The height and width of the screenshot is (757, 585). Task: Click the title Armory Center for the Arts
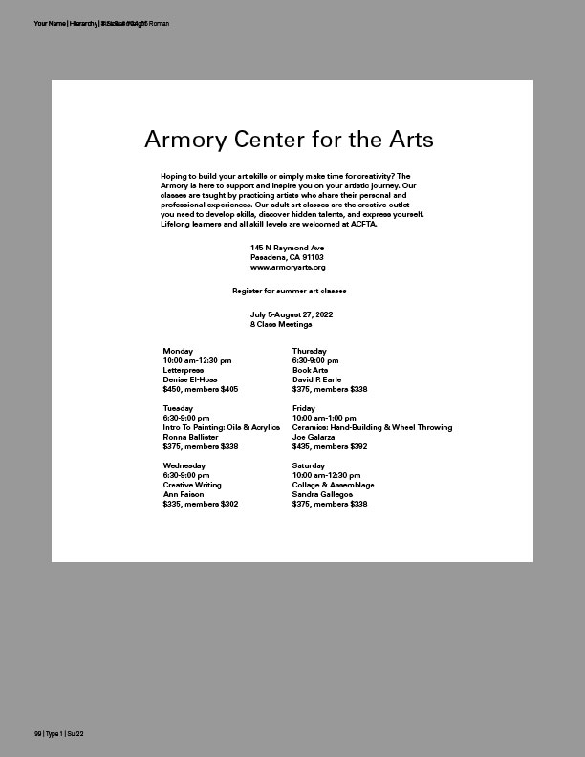(x=289, y=140)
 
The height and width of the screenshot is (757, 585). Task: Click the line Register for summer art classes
(x=289, y=290)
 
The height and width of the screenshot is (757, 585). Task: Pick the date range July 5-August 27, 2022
(x=292, y=314)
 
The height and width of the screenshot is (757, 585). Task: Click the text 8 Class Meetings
(x=281, y=324)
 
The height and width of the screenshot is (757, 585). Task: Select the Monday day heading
(x=178, y=351)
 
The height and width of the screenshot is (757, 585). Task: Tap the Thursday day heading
(x=309, y=351)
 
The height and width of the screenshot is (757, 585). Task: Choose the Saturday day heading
(x=309, y=465)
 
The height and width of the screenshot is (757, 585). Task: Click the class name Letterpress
(x=183, y=370)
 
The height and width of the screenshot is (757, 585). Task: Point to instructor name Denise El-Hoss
(x=189, y=379)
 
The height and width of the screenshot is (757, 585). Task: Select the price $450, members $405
(x=200, y=389)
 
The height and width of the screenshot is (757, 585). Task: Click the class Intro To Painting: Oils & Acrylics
(x=221, y=427)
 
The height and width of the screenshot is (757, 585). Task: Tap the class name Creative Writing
(x=191, y=485)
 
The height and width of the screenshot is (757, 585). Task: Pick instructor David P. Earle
(x=316, y=379)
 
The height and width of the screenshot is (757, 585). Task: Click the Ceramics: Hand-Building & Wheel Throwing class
(x=372, y=427)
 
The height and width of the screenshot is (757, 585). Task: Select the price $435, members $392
(x=329, y=446)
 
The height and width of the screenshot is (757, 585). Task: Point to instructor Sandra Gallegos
(x=323, y=494)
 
